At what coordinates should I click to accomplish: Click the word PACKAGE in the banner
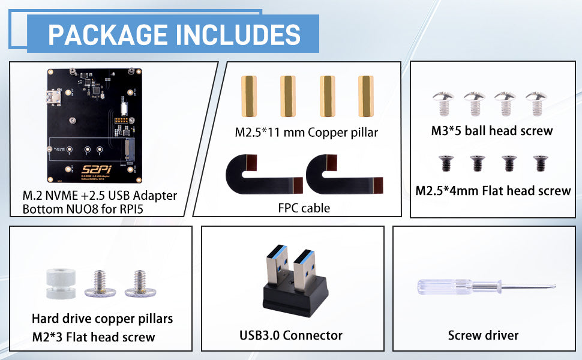107,35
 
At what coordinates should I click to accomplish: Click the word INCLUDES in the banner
238,35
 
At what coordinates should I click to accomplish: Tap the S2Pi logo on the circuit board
97,170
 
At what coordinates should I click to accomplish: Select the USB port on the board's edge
55,98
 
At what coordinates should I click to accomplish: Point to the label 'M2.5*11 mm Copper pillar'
306,133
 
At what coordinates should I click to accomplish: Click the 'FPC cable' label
304,208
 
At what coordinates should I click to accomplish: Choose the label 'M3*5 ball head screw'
492,131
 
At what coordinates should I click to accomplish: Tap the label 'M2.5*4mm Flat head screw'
493,191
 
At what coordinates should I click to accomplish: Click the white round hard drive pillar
61,284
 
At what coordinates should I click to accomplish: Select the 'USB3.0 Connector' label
291,335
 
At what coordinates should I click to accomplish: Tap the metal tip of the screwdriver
555,286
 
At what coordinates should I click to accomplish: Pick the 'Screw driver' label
483,335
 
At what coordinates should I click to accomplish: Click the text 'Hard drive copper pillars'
103,319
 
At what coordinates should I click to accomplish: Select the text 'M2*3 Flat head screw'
94,337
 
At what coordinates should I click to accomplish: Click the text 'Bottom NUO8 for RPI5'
83,209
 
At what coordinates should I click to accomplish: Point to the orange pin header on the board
121,121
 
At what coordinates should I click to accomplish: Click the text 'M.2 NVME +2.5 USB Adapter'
100,196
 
